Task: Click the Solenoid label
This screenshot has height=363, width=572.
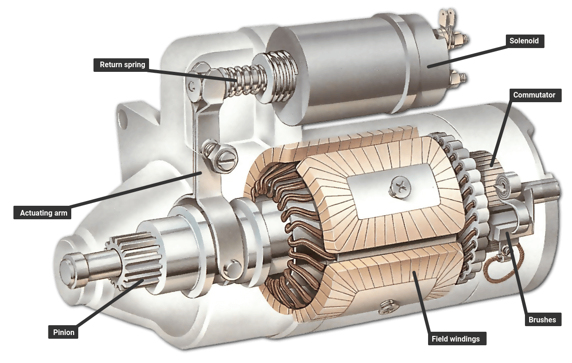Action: point(524,41)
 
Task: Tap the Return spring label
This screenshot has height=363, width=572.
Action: point(123,65)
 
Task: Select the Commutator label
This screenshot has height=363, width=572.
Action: point(534,95)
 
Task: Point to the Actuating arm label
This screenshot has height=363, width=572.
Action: point(43,213)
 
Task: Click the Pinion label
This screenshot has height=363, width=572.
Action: point(63,333)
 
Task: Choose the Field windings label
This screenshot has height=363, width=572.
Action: point(455,339)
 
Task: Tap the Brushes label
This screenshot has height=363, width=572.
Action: point(542,320)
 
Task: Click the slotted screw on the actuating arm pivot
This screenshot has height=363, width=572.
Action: point(226,158)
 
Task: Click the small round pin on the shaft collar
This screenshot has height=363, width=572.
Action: point(232,268)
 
